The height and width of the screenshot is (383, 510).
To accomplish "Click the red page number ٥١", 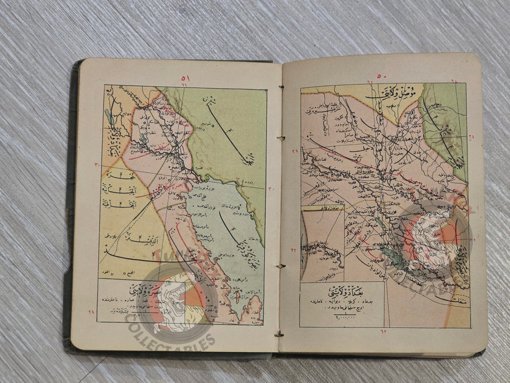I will [x=185, y=78].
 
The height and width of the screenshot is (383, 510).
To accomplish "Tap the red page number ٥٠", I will [x=382, y=76].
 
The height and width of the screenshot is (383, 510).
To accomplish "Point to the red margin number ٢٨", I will [x=91, y=312].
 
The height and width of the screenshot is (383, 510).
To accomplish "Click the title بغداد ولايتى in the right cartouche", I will [x=341, y=291].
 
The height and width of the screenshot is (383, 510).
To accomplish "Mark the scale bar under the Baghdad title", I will [x=341, y=316].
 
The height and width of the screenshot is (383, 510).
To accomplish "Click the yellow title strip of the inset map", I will [x=322, y=207].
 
